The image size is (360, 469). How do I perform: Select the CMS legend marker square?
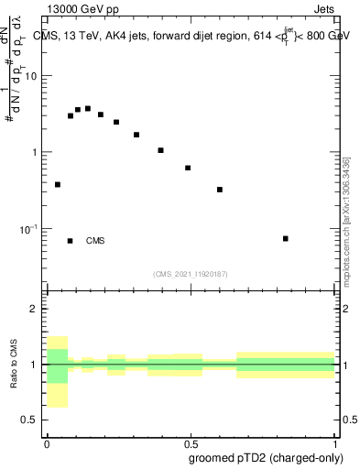pos(70,241)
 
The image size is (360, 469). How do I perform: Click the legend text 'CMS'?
pos(95,241)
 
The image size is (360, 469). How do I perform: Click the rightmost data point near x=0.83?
pos(286,238)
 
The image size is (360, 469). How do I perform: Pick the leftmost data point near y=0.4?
pos(58,184)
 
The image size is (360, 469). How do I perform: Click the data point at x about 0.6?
pos(220,190)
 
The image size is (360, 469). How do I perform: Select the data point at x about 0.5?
pos(188,168)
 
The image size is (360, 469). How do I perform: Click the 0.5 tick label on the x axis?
pos(191,442)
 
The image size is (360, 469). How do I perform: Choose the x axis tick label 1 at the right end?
pos(334,442)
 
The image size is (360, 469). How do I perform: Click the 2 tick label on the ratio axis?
pos(35,310)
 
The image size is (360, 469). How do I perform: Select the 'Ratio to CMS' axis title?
pos(13,365)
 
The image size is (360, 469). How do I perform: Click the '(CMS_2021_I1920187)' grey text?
pos(191,274)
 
